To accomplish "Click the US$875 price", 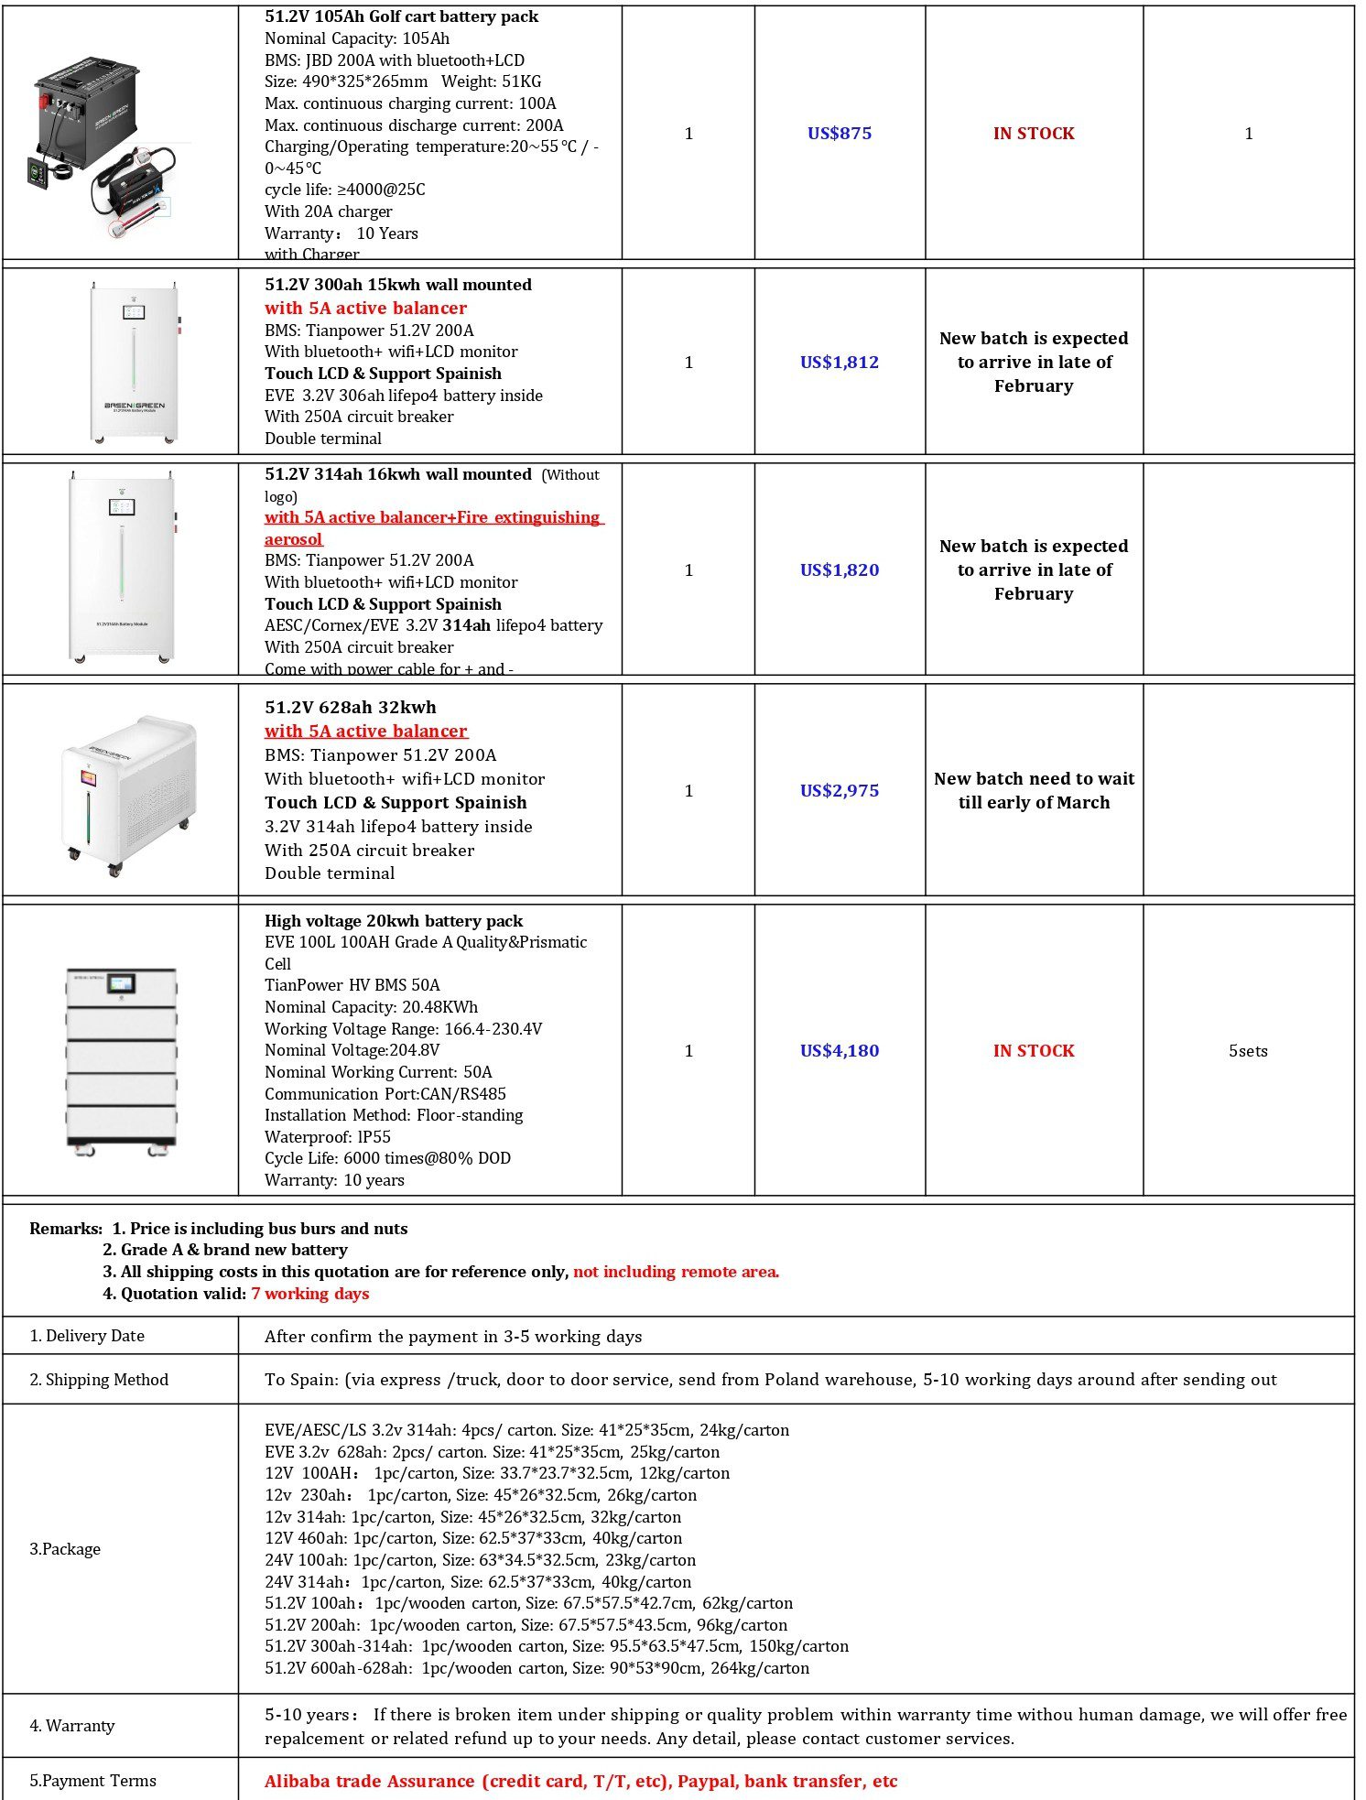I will point(839,134).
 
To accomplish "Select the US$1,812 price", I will point(839,363).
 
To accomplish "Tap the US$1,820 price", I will point(839,570).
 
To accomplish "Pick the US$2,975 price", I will point(839,791).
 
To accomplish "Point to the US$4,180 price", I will point(839,1051).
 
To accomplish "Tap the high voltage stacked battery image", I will point(121,1060).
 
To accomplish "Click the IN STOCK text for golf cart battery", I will point(1034,134).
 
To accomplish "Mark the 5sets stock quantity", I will point(1248,1051).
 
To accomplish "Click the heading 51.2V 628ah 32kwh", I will point(351,708).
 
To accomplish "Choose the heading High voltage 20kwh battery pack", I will point(394,921).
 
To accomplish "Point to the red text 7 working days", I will point(310,1294).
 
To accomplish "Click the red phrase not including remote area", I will point(676,1272).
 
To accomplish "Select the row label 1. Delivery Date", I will point(87,1336).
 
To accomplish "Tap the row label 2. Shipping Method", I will point(99,1380).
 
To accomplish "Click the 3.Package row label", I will point(65,1549).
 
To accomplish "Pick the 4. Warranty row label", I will point(72,1726).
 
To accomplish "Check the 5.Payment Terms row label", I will point(92,1781).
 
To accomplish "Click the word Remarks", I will point(65,1229).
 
